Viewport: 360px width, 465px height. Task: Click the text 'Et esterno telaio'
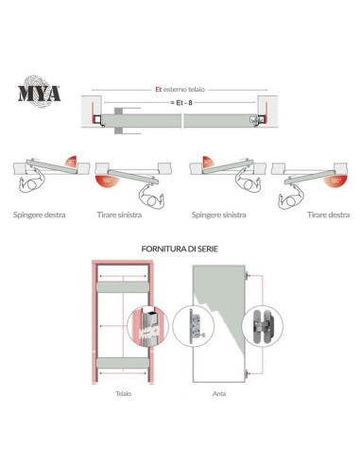click(x=179, y=89)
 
